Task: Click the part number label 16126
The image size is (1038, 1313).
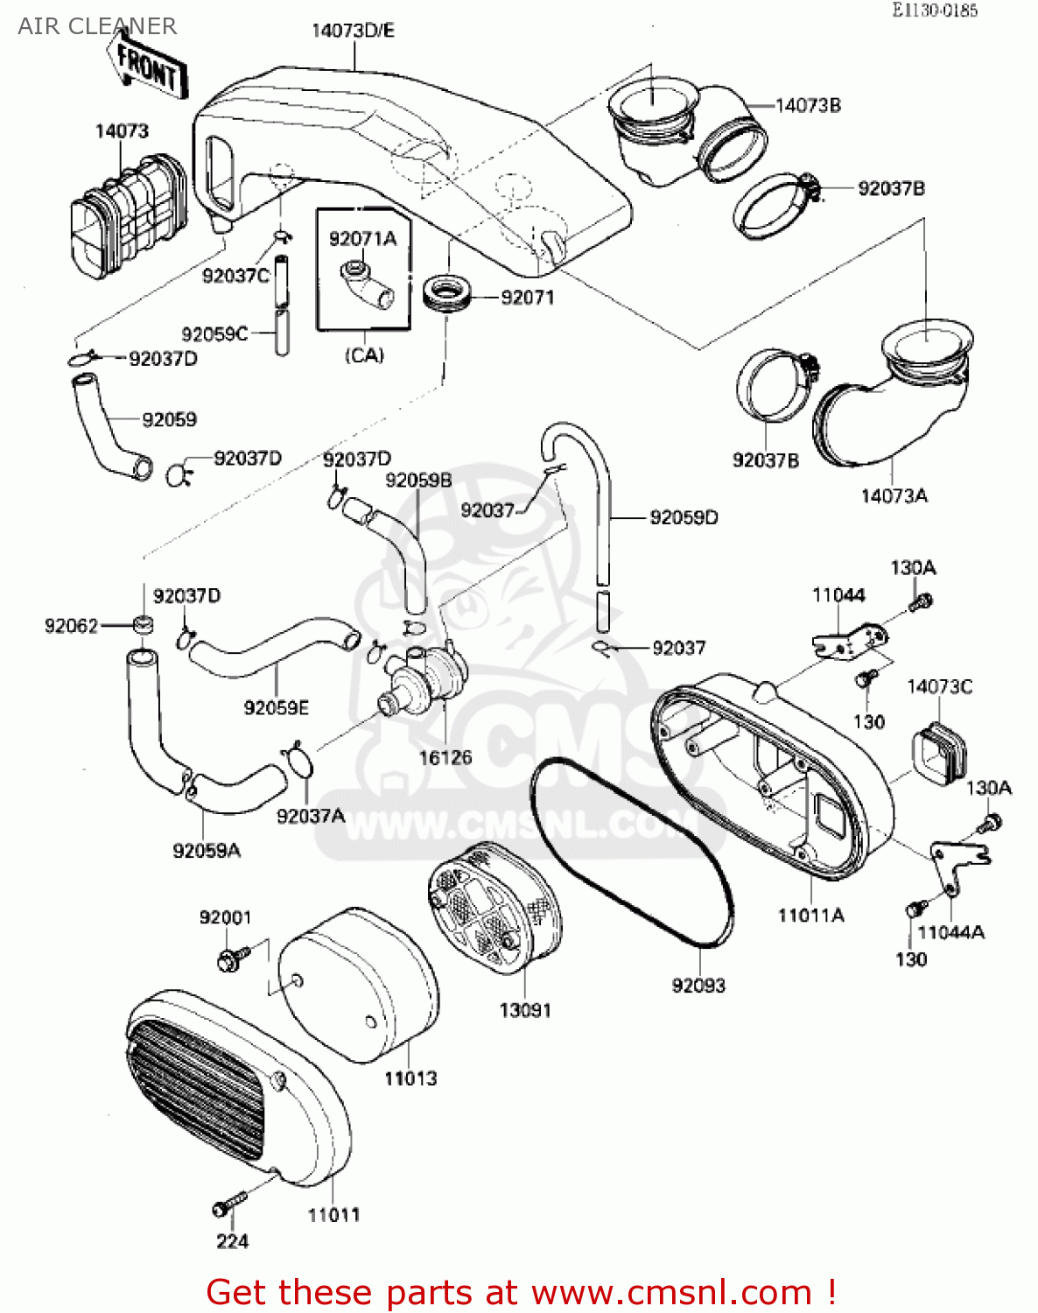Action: coord(445,758)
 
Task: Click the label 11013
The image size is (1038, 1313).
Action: coord(410,1078)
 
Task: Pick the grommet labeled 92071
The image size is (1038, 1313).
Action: coord(446,291)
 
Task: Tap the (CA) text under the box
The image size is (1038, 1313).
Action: coord(364,355)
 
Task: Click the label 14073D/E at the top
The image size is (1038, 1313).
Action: coord(353,31)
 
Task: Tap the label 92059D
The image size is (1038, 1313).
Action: coord(684,518)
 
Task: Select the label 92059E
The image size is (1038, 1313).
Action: coord(276,707)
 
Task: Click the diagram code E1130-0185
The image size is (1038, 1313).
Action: coord(934,11)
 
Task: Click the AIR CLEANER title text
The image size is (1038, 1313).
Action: coord(97,26)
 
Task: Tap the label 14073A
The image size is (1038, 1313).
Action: coord(894,496)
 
